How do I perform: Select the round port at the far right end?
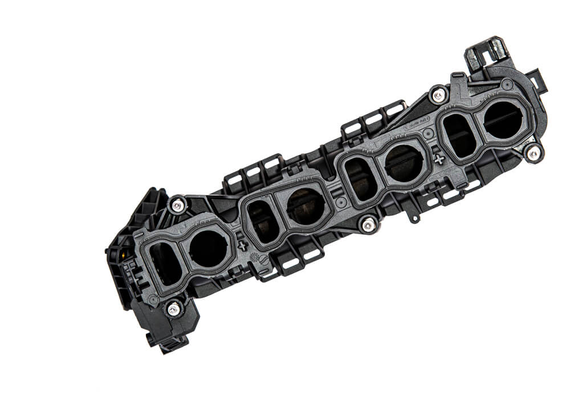coord(503,120)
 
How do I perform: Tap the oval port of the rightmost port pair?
coord(459,136)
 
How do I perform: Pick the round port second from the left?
coord(306,206)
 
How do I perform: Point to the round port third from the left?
coord(404,163)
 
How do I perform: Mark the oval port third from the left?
coord(361,179)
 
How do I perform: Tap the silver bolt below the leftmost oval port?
coord(174,309)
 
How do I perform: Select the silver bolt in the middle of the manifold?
coord(368,225)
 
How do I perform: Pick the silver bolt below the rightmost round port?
coord(533,153)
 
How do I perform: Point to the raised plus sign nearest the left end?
coord(243,246)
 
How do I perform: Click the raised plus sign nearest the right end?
coord(439,159)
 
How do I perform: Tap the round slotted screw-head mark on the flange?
coord(263,259)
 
